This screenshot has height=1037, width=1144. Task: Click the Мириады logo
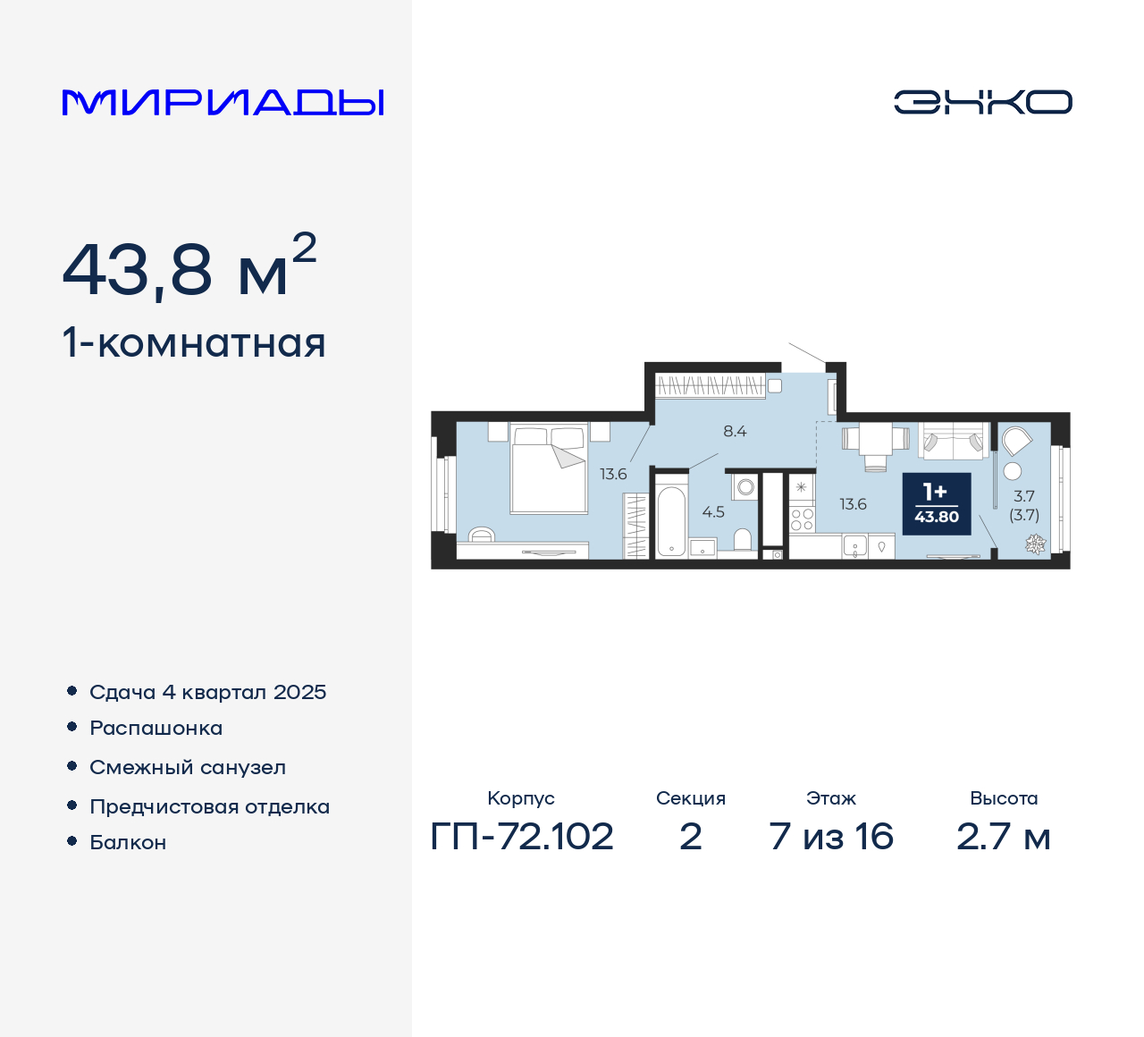[223, 103]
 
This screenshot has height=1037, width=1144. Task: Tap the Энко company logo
[982, 102]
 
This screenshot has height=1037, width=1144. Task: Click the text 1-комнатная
[194, 343]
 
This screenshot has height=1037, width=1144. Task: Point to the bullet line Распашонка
[156, 728]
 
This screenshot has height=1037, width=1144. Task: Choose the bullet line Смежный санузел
[188, 767]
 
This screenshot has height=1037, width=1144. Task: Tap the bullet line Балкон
[128, 842]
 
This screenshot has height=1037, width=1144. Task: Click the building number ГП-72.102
[522, 837]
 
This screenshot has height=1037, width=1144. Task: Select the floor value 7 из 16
[831, 837]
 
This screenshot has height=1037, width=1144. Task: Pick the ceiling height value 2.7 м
[1003, 837]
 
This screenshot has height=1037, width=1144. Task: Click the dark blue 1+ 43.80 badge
[936, 503]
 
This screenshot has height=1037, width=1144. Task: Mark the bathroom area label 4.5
[713, 512]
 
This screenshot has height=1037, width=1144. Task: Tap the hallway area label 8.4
[735, 431]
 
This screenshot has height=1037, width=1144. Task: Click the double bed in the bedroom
[548, 469]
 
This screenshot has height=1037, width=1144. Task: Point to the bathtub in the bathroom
[671, 520]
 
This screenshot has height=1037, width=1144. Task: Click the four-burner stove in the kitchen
[802, 519]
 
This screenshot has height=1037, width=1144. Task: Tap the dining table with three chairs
[875, 441]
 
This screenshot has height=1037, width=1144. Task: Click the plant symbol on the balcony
[1035, 543]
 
